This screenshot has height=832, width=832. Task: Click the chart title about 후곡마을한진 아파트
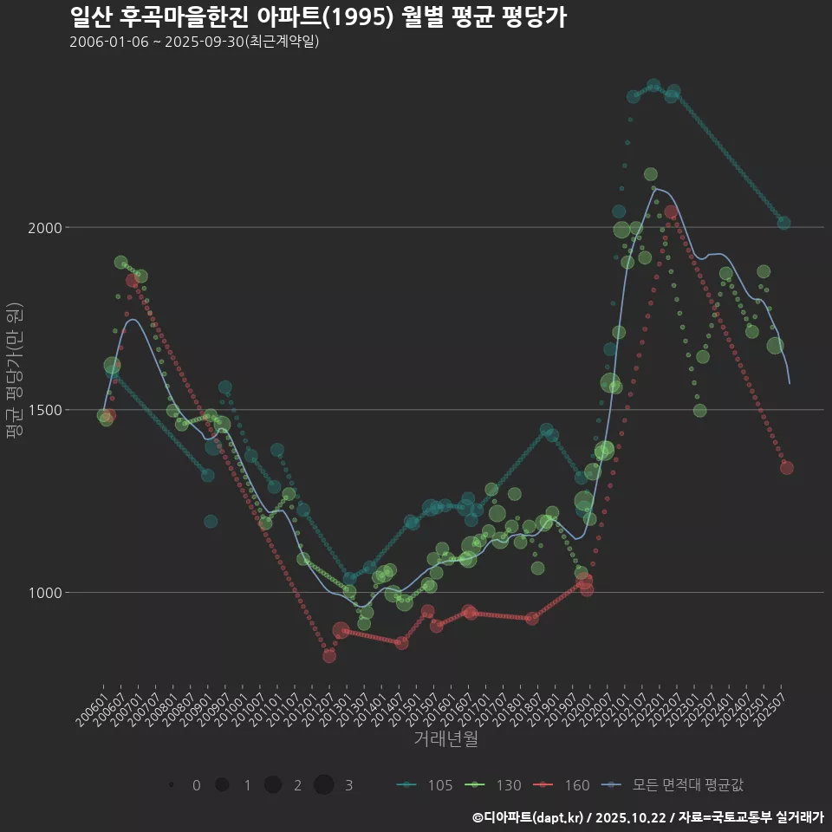(x=317, y=17)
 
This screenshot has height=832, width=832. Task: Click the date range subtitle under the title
(x=194, y=42)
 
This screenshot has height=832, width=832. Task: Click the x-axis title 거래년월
(x=445, y=738)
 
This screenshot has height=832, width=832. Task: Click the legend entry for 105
(x=425, y=785)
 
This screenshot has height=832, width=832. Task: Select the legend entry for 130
(x=493, y=785)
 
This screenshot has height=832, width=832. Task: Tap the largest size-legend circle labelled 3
(x=324, y=785)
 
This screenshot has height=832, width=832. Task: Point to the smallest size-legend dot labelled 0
(x=172, y=785)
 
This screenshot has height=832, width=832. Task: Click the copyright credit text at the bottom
(x=647, y=817)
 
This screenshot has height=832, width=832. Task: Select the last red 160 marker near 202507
(x=787, y=468)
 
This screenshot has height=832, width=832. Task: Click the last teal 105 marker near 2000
(x=783, y=223)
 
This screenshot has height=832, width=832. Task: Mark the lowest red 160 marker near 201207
(x=329, y=656)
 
